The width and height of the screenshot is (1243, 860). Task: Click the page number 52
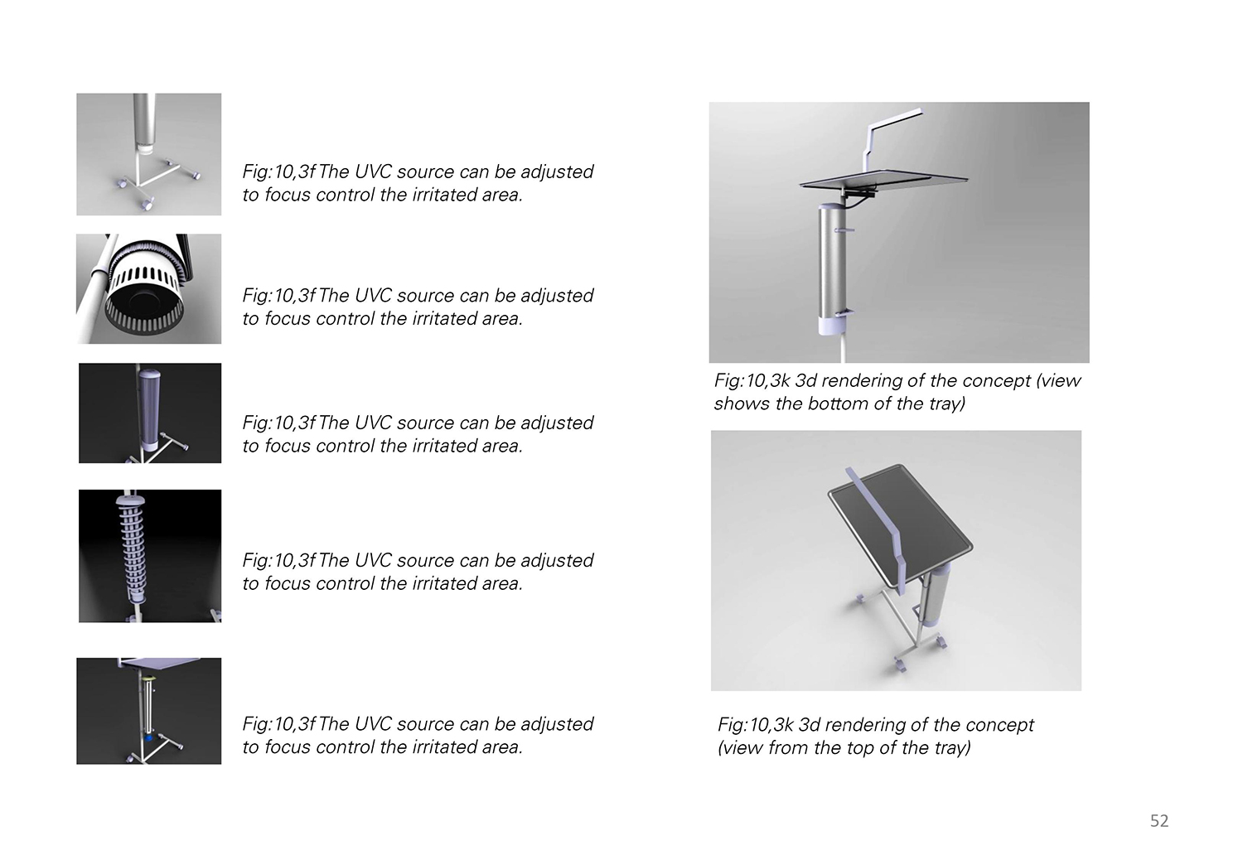pos(1159,820)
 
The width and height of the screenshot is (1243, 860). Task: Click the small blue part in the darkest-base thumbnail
pos(148,739)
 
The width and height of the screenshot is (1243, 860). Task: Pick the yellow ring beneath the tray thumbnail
pos(148,678)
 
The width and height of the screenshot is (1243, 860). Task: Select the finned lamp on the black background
pos(131,550)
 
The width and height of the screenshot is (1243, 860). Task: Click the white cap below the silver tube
pos(144,148)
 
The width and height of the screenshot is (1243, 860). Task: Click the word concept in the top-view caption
pos(998,725)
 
